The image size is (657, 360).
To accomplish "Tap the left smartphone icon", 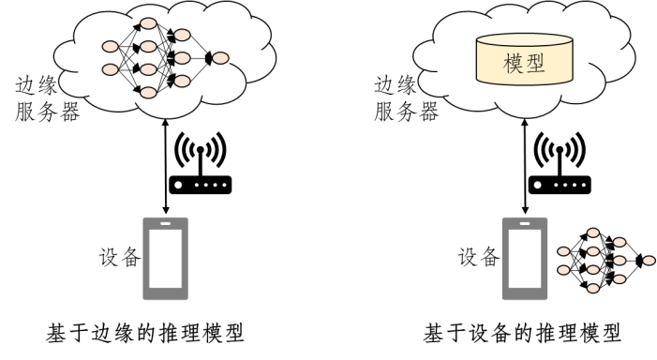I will (165, 257).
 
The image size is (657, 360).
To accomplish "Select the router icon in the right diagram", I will (561, 186).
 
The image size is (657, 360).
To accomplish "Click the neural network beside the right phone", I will (600, 257).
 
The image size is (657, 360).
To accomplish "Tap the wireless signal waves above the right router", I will (561, 150).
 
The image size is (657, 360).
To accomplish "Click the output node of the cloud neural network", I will (220, 59).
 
